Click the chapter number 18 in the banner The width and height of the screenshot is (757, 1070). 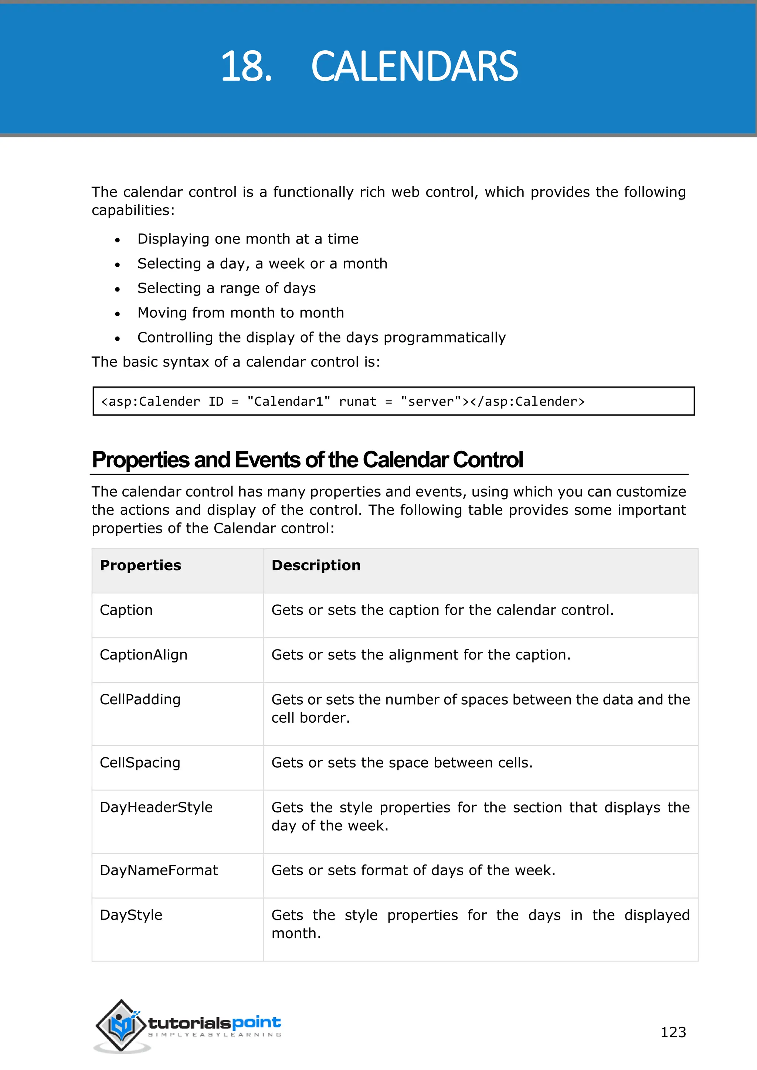246,67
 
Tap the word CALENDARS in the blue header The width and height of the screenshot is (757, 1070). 414,67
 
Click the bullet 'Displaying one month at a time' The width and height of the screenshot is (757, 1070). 248,239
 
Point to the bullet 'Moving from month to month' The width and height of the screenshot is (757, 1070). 241,313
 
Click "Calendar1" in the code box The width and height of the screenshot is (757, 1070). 289,401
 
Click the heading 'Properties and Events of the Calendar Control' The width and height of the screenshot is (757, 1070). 307,460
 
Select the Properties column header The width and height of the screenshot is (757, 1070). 140,565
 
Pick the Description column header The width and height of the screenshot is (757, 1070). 316,565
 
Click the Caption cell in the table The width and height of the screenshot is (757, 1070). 126,610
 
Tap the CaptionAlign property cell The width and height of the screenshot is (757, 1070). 143,655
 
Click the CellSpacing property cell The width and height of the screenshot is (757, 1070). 140,763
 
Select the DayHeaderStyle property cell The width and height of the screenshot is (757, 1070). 156,807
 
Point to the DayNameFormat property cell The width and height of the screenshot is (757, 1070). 159,870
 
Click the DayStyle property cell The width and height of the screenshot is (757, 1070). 131,915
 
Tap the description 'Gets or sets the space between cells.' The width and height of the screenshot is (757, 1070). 402,763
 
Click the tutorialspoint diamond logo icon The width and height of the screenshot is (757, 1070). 121,1025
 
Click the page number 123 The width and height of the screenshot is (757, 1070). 673,1032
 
